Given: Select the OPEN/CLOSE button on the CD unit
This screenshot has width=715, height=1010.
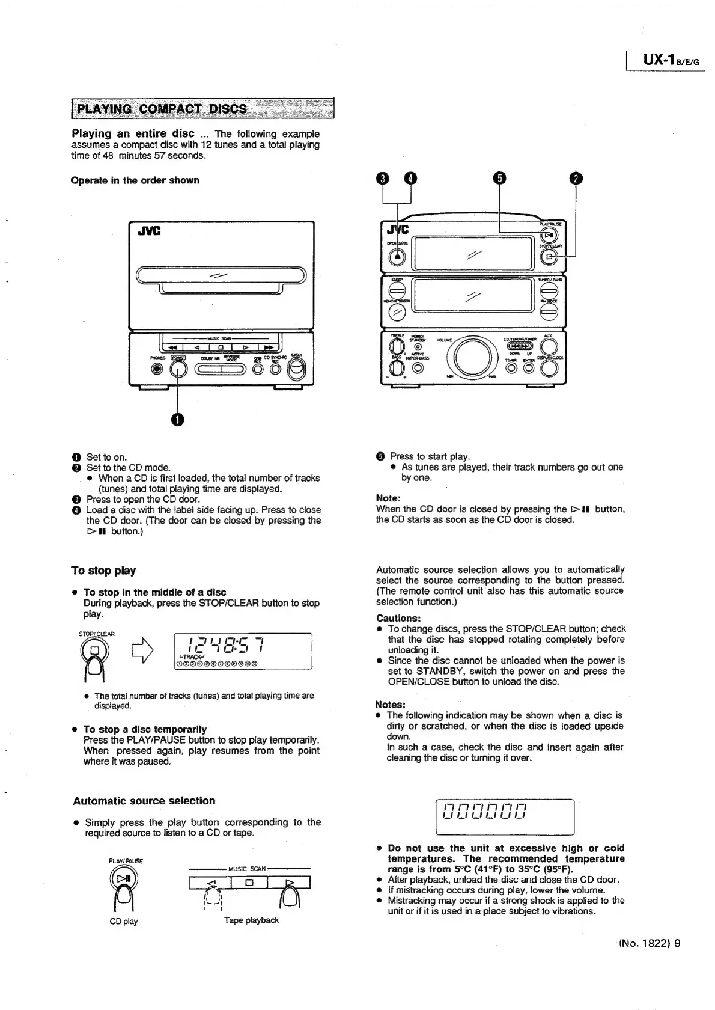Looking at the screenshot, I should click(x=397, y=256).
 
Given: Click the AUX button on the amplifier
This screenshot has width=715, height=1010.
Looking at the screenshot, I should click(x=549, y=346).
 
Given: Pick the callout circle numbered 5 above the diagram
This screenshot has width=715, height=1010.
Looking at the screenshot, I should click(x=500, y=179).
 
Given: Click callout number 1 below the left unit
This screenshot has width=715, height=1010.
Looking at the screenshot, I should click(x=178, y=420).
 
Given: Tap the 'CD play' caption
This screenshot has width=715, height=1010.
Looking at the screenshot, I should click(x=123, y=921).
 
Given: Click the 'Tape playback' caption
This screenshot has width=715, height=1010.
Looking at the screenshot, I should click(x=251, y=920).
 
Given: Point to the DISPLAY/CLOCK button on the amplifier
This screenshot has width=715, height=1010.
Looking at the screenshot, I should click(x=549, y=369).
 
